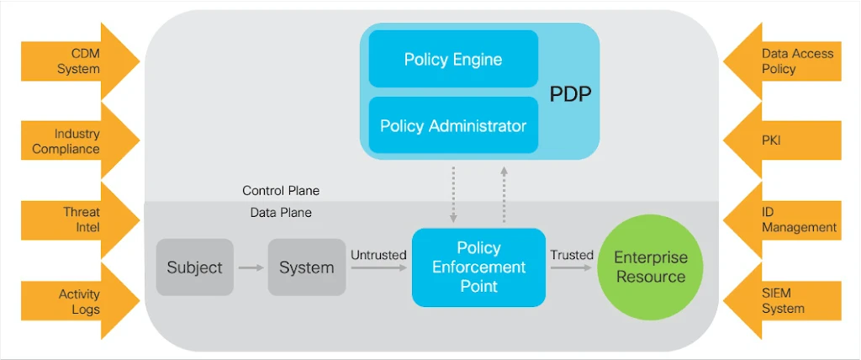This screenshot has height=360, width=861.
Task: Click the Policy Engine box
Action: (x=453, y=59)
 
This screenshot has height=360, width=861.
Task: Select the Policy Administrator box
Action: (x=453, y=125)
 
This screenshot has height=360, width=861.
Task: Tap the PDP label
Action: (x=570, y=93)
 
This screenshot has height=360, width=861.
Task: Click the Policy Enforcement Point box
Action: (x=478, y=267)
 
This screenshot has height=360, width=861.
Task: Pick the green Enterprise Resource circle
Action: (x=650, y=267)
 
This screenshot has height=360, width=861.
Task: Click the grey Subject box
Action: (x=194, y=267)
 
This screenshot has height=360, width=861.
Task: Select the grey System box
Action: (x=306, y=267)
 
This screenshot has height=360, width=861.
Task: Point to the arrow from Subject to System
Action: (x=251, y=267)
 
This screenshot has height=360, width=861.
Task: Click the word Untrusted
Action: (x=378, y=255)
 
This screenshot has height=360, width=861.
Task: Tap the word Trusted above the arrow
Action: (x=572, y=255)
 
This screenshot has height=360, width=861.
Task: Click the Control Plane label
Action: (x=281, y=191)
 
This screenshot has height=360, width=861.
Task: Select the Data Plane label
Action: (x=281, y=213)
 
